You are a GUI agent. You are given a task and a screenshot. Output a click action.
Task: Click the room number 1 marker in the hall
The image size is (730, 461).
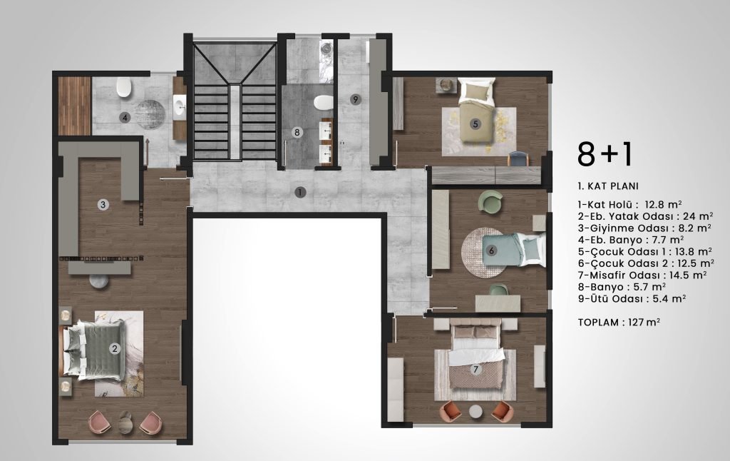pyautogui.click(x=300, y=192)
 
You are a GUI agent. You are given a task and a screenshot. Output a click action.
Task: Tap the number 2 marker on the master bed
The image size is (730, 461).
pyautogui.click(x=114, y=348)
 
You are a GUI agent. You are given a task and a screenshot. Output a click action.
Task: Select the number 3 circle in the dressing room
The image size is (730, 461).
pyautogui.click(x=103, y=204)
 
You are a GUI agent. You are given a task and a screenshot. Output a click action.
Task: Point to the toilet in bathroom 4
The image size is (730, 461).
pyautogui.click(x=124, y=88)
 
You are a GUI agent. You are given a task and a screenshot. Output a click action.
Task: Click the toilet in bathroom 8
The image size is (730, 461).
pyautogui.click(x=323, y=102)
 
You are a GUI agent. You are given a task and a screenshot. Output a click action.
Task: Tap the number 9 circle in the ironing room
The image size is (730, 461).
pyautogui.click(x=355, y=99)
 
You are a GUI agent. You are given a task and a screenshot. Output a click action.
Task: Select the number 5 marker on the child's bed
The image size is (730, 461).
pyautogui.click(x=475, y=124)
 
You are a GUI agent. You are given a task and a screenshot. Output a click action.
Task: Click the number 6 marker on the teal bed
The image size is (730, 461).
pyautogui.click(x=491, y=250)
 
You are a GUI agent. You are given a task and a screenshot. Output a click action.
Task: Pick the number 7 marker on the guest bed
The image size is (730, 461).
pyautogui.click(x=475, y=370)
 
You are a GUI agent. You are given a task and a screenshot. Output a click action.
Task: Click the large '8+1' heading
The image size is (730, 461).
pyautogui.click(x=605, y=154)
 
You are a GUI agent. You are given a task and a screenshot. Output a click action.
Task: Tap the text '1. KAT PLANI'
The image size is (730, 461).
pyautogui.click(x=608, y=186)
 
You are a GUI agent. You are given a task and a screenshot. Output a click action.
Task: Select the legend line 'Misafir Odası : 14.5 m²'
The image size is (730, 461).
pyautogui.click(x=642, y=275)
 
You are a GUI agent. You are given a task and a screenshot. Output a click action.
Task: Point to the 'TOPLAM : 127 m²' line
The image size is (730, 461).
pyautogui.click(x=619, y=322)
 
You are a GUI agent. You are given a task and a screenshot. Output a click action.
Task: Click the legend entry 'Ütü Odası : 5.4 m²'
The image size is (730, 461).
pyautogui.click(x=632, y=299)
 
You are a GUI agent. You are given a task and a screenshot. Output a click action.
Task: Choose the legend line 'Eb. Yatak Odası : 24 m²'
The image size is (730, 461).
pyautogui.click(x=645, y=216)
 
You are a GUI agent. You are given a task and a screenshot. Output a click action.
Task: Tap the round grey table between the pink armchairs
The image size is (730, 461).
pyautogui.click(x=125, y=422)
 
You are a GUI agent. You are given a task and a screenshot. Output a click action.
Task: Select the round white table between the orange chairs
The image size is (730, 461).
pyautogui.click(x=475, y=412)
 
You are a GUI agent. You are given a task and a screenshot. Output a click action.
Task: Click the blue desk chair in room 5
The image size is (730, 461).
pyautogui.click(x=518, y=159)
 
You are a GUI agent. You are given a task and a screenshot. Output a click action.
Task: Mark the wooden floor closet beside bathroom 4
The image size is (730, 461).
pyautogui.click(x=74, y=106)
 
